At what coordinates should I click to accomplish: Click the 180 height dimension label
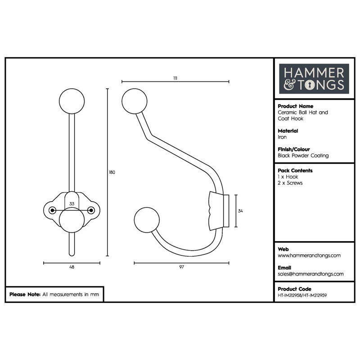point(112,172)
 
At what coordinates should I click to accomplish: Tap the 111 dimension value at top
point(175,78)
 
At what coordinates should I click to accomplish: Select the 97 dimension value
point(182,267)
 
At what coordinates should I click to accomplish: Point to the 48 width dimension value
point(72,267)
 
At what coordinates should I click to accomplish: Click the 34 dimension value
point(240,211)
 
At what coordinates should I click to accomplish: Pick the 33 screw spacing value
point(72,204)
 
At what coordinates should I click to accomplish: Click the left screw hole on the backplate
point(52,210)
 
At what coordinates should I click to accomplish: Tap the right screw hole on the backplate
point(91,210)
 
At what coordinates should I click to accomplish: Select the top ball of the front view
point(72,101)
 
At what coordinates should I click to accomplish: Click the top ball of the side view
point(134,101)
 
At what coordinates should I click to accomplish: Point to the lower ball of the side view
point(147,220)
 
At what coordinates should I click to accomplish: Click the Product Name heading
point(296,106)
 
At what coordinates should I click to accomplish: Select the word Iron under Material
point(282,137)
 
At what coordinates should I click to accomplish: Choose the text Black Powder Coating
point(303,156)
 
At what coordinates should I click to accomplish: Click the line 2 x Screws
point(290,183)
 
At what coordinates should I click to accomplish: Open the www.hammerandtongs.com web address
point(309,256)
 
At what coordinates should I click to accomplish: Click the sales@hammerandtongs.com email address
point(310,274)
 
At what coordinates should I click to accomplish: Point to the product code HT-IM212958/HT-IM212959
point(302,296)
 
